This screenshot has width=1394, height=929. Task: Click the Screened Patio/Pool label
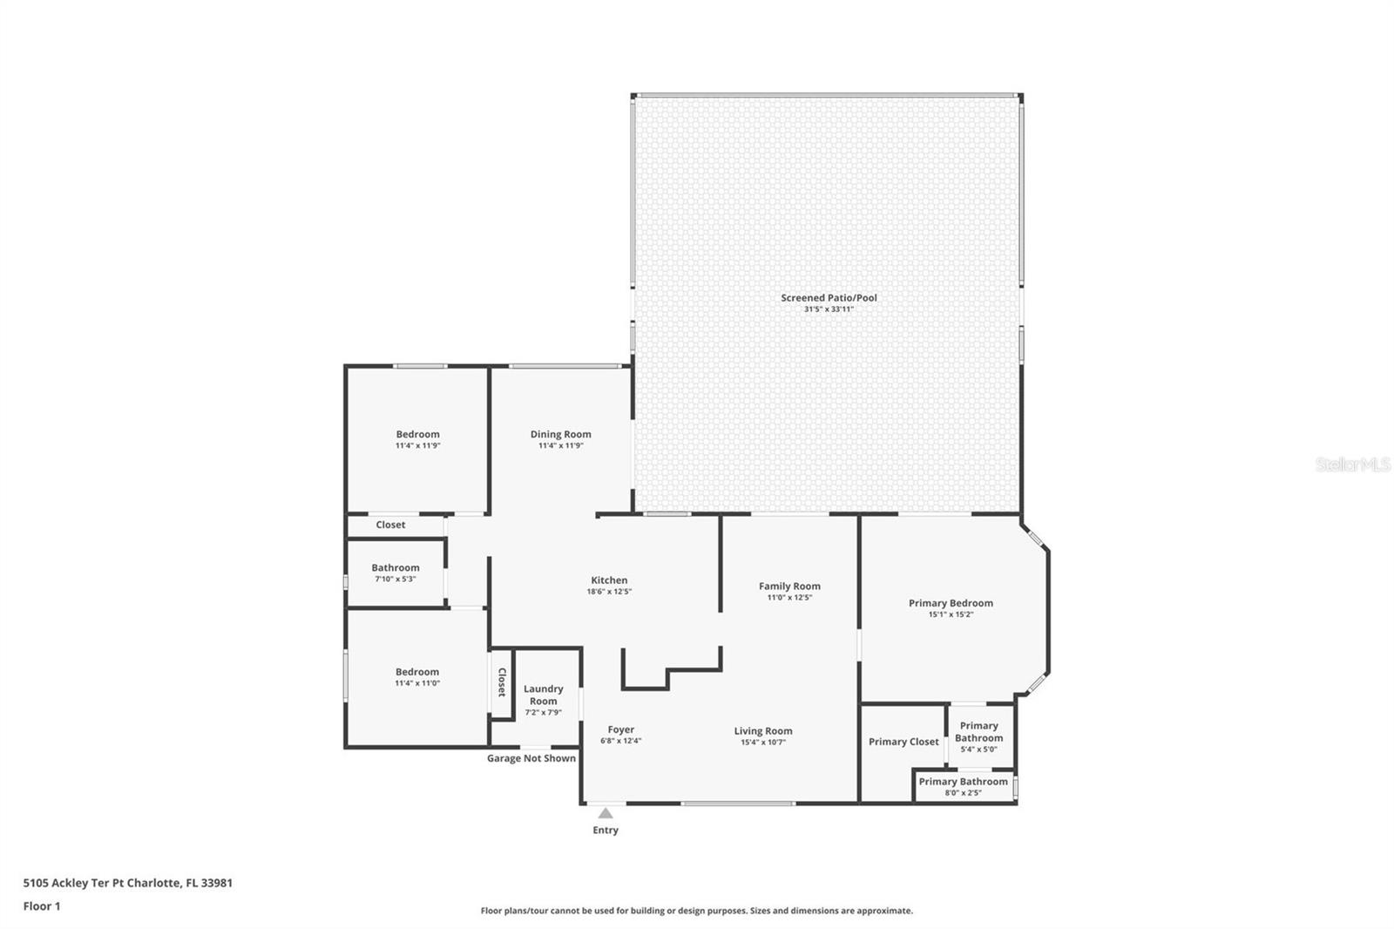[829, 297]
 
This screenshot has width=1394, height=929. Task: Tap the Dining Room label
[560, 434]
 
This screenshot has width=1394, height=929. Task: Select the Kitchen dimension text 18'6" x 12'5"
[609, 592]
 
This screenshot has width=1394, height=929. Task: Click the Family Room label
[789, 586]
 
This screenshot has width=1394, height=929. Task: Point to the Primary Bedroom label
[951, 602]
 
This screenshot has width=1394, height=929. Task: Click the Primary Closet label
[903, 742]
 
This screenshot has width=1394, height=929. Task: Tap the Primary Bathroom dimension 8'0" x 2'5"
[963, 793]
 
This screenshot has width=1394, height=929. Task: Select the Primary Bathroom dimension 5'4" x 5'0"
[978, 749]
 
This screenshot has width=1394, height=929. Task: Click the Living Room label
[762, 731]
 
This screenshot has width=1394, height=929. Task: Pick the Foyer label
[620, 729]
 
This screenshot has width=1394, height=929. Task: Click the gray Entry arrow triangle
[606, 813]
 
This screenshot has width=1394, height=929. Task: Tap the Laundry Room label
[543, 695]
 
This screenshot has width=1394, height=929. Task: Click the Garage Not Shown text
[531, 758]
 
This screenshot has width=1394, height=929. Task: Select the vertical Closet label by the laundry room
[501, 682]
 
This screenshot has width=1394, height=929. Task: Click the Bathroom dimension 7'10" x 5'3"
[396, 579]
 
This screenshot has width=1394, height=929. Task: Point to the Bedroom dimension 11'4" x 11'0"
[417, 683]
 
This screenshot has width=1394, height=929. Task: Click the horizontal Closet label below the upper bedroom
[390, 525]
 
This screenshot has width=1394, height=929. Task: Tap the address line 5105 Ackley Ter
[127, 882]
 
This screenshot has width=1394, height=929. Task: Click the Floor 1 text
[42, 905]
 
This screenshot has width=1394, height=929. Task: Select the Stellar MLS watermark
[1352, 464]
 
